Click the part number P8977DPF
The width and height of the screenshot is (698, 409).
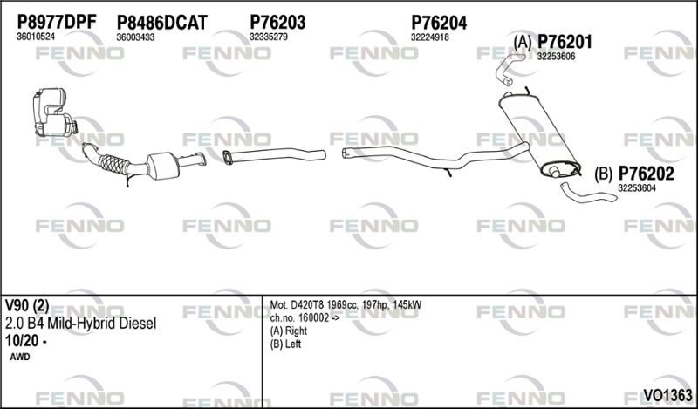57,22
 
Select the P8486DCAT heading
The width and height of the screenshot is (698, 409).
162,23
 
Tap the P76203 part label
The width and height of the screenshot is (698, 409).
277,23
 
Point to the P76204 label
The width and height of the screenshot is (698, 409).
439,23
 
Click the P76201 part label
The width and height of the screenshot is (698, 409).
565,42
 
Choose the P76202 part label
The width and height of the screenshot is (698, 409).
646,174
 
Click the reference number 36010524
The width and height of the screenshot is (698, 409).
36,37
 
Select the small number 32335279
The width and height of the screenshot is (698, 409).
269,37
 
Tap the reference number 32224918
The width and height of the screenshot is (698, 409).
430,37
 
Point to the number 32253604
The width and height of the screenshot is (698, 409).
637,188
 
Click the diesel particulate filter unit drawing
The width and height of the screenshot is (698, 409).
54,112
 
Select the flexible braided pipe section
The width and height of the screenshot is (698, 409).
113,164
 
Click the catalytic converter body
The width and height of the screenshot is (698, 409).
163,166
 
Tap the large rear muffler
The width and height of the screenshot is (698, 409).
539,133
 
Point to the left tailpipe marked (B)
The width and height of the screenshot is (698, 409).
587,194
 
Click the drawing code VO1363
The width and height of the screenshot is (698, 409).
667,395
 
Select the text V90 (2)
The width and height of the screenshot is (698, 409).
27,306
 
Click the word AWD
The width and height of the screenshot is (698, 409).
20,357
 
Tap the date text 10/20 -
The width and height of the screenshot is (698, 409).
26,341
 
